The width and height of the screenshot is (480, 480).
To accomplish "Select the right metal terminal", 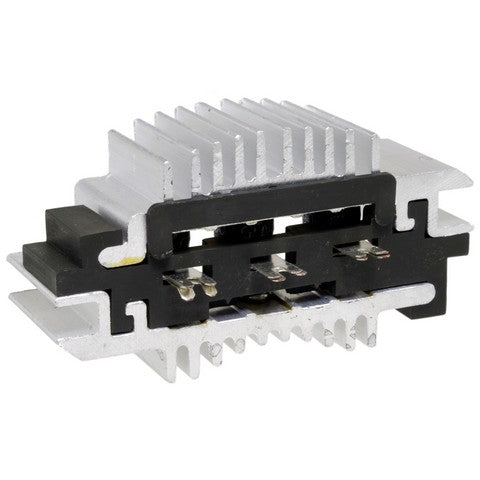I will pyautogui.click(x=360, y=251).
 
